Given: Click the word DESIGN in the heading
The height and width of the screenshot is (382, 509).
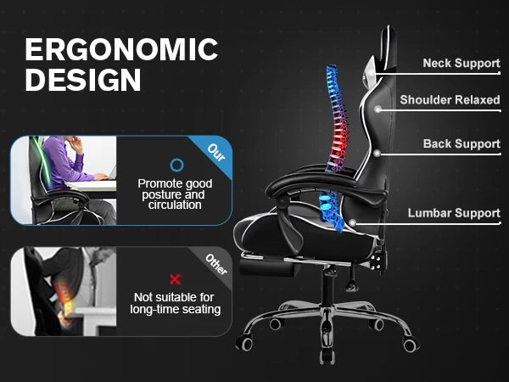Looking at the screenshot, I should pos(83,80).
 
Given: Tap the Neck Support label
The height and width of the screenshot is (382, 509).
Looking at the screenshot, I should pos(461,64).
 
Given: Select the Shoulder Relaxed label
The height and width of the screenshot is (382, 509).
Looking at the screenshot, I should pos(450,100).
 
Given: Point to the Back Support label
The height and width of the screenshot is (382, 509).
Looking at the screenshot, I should pos(461,144).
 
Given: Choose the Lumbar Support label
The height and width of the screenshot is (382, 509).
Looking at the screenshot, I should pos(454,213).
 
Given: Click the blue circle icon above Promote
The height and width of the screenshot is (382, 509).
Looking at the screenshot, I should pos(176,165).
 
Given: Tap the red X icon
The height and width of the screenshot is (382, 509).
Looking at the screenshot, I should pos(176,278).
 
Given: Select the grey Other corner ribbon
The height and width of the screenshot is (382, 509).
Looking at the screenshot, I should pos(217,264).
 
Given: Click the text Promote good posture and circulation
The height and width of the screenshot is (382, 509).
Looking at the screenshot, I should pos(176,194).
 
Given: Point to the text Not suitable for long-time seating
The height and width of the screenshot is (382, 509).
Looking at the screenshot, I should pos(176,303).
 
